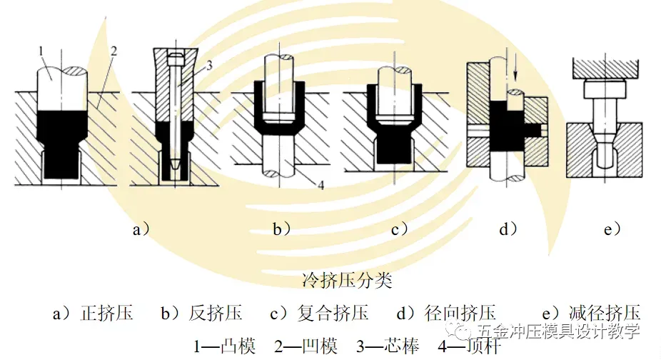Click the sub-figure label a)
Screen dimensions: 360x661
click(141, 229)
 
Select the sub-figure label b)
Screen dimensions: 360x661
click(281, 229)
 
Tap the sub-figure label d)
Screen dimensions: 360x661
click(508, 229)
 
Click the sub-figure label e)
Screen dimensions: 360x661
click(612, 229)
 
